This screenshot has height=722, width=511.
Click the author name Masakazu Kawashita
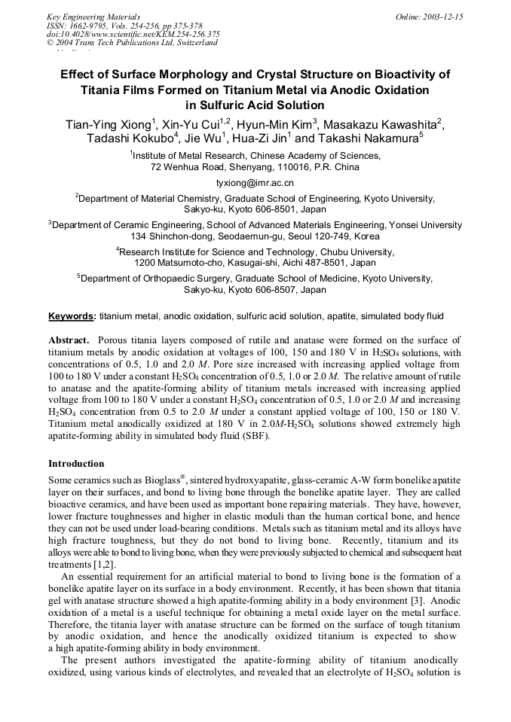coord(381,125)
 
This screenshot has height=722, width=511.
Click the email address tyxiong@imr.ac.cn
coord(255,183)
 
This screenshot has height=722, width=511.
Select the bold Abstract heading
coord(69,340)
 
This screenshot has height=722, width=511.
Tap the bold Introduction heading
coord(76,464)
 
